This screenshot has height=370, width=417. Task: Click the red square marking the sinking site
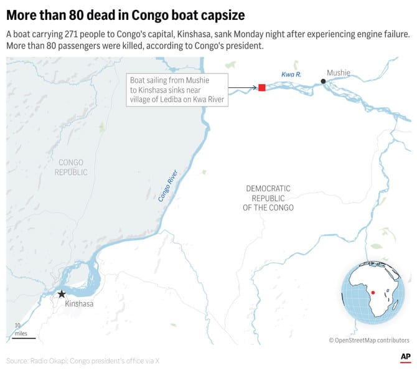(262, 88)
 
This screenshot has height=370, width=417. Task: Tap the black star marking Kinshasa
(61, 294)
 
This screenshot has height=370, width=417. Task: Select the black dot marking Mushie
(323, 82)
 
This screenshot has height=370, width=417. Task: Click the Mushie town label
(339, 73)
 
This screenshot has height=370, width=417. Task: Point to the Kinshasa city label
(79, 304)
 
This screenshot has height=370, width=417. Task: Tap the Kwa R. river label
(291, 75)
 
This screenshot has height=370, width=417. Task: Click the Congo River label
(167, 186)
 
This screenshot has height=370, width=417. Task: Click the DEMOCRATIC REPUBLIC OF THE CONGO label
(268, 197)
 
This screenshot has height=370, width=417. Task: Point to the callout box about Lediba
(177, 90)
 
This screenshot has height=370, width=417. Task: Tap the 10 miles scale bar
(24, 337)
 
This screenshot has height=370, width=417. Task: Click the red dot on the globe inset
(372, 292)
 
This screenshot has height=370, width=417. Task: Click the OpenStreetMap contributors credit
(369, 340)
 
